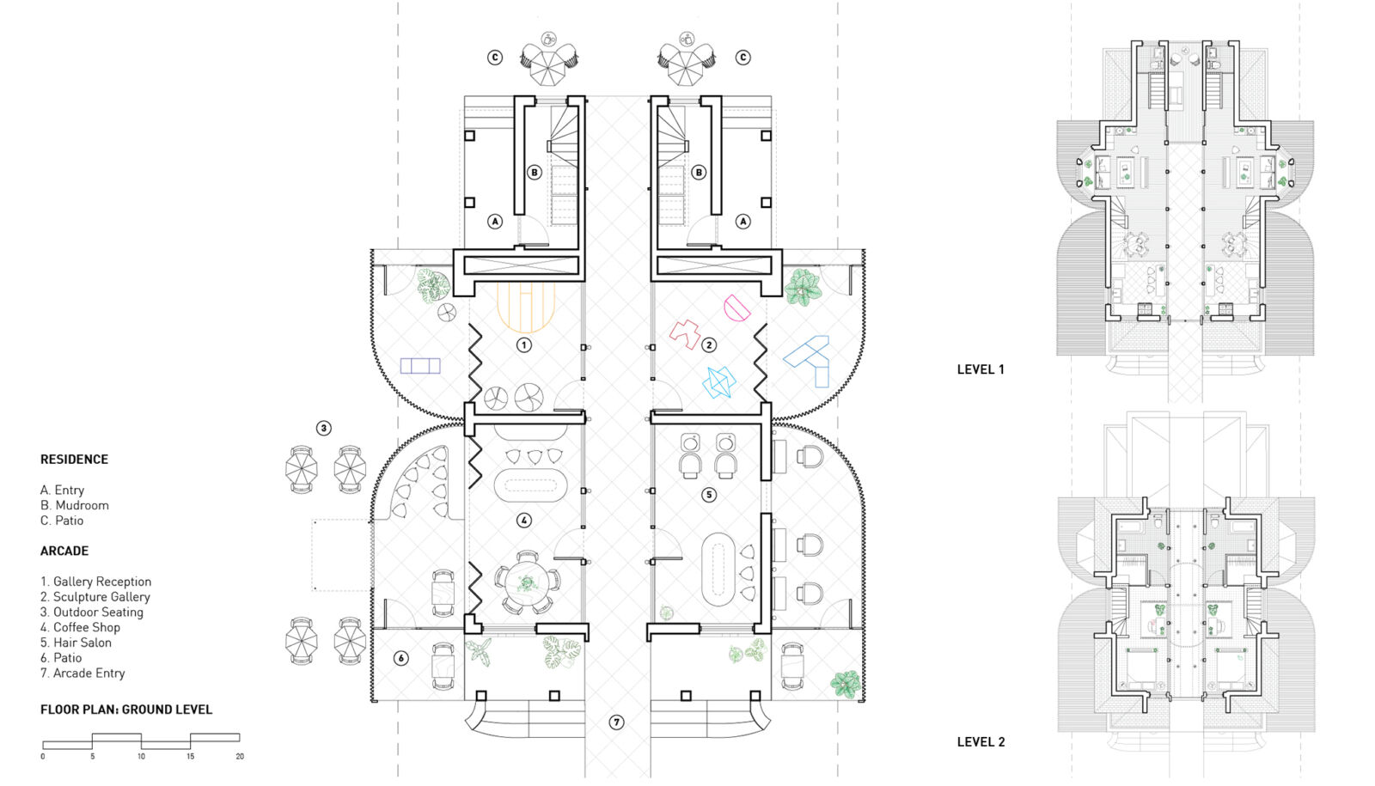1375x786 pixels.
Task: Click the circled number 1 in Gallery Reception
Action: [x=524, y=345]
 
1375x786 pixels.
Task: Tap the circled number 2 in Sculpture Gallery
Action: [x=709, y=345]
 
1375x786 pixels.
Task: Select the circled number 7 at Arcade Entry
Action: [x=616, y=722]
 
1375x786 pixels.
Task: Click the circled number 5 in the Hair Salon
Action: [x=709, y=495]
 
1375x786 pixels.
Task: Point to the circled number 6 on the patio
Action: [x=400, y=659]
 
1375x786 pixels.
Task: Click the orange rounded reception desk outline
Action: [x=526, y=307]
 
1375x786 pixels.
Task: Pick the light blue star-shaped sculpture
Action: [x=719, y=382]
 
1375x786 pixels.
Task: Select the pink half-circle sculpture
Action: [x=736, y=308]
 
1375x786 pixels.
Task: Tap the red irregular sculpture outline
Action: [x=686, y=334]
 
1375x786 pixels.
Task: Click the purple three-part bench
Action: [x=420, y=366]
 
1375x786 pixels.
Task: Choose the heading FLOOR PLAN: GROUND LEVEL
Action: [x=126, y=710]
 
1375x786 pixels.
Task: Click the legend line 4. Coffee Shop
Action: [x=80, y=627]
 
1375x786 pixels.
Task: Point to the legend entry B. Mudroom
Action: [x=75, y=505]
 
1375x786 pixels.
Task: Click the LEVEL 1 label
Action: [x=981, y=369]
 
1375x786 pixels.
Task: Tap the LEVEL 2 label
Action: [x=981, y=742]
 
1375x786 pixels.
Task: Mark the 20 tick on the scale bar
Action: [x=240, y=756]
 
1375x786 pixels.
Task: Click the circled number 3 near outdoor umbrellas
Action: [x=324, y=428]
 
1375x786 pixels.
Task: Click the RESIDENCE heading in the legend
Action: [x=74, y=460]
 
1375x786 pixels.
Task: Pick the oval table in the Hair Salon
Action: [x=718, y=569]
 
